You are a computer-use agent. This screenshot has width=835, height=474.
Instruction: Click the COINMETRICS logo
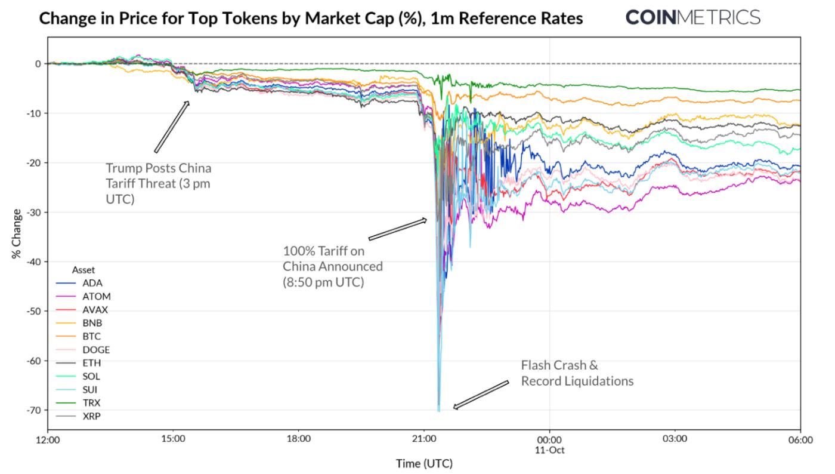692,17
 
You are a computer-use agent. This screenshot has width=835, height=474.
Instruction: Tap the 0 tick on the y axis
38,64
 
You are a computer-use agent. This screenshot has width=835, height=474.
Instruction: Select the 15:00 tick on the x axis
173,440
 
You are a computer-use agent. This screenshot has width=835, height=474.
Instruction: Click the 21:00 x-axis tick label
423,440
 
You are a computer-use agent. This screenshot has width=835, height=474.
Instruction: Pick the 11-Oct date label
550,449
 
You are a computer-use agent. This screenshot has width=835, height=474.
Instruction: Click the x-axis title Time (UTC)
424,463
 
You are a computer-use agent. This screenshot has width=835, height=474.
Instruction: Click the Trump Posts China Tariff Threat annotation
158,183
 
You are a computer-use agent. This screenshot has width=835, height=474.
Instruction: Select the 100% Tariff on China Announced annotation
333,267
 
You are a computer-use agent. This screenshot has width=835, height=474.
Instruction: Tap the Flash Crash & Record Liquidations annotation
577,373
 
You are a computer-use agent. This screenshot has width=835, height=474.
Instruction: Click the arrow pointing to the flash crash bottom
481,395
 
